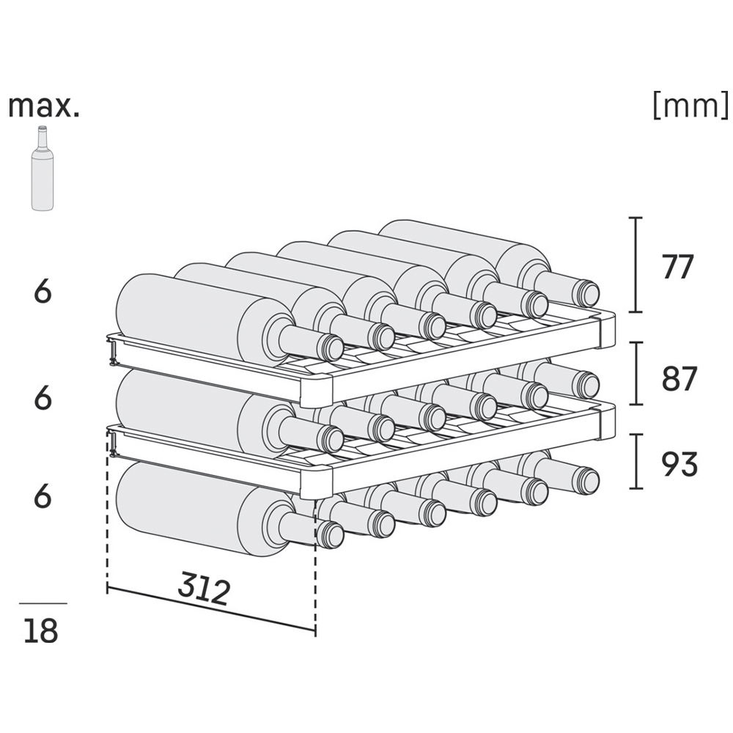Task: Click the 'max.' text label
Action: (43, 107)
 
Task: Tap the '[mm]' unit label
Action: (690, 106)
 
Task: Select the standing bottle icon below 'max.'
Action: (42, 169)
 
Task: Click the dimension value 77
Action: (678, 267)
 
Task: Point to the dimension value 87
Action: (679, 378)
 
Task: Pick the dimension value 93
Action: (679, 464)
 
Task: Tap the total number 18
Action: (40, 630)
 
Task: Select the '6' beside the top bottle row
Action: (43, 292)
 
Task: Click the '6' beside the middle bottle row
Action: (43, 398)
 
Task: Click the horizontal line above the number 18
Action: (43, 603)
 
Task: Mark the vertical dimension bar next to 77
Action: (636, 265)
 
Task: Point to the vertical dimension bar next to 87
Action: (636, 373)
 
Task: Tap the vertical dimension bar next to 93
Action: (636, 461)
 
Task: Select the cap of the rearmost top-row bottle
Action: (586, 291)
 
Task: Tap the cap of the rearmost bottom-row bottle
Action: (586, 478)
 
